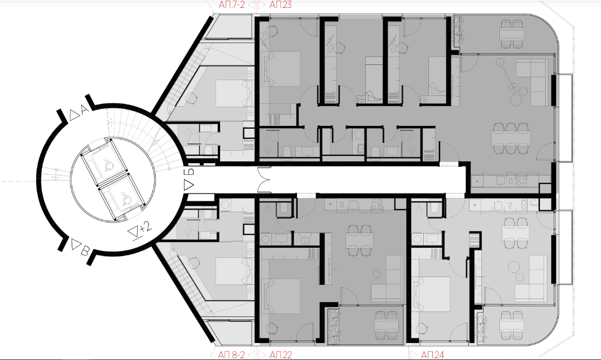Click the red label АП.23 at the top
click(x=280, y=5)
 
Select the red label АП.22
click(x=280, y=354)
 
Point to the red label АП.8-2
click(x=231, y=354)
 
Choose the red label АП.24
click(x=432, y=354)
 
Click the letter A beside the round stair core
click(x=84, y=110)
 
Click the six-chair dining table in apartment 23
click(x=512, y=138)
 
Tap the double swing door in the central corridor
click(x=264, y=180)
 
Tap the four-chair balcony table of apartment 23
click(x=512, y=34)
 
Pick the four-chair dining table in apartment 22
click(x=359, y=240)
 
